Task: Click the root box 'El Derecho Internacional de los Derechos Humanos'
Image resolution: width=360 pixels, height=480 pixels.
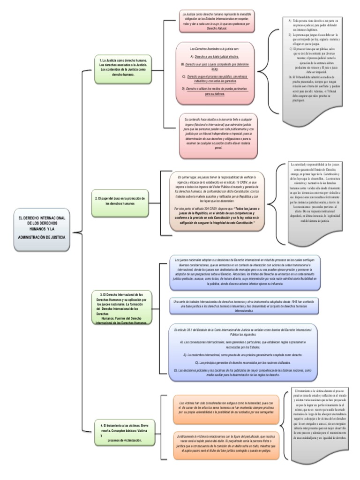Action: [42, 228]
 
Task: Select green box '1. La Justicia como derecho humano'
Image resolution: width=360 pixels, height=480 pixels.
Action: [123, 67]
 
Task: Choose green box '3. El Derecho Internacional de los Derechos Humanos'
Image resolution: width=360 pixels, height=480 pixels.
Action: [122, 308]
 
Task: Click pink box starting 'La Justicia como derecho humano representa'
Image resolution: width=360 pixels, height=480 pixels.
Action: [217, 22]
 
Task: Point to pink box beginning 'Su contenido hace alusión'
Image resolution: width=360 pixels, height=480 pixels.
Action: [217, 133]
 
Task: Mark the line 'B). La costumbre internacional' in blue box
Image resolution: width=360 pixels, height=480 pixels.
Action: [241, 355]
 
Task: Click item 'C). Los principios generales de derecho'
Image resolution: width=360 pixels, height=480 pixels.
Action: [241, 363]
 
